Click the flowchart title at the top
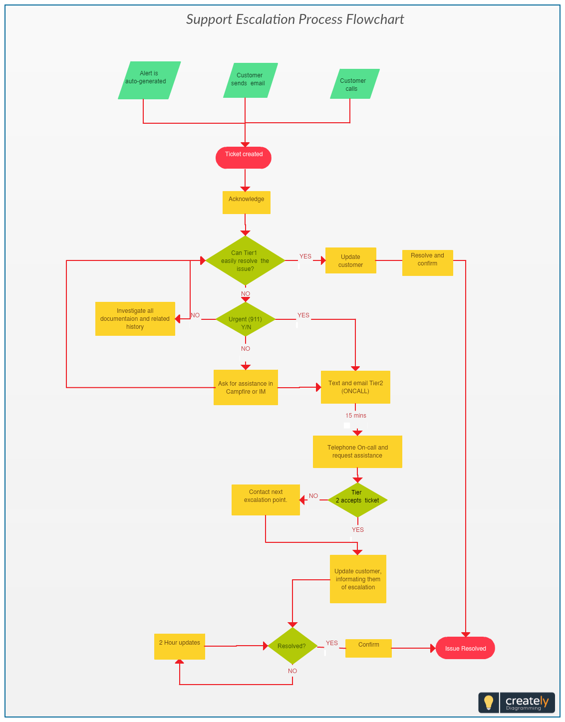[295, 19]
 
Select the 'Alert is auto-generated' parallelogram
[149, 80]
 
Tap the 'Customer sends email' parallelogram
[250, 80]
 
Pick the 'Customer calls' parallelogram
[354, 84]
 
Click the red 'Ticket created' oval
[243, 158]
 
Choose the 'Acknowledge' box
[246, 203]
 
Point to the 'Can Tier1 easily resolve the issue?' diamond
[245, 260]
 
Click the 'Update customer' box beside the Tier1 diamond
[351, 260]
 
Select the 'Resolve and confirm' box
[427, 263]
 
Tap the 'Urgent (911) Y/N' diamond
[245, 319]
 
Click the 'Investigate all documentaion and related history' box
[135, 319]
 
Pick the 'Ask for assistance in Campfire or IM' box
[246, 387]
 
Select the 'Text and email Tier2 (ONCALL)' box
[355, 387]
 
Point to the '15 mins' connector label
[355, 415]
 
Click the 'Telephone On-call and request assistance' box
[357, 452]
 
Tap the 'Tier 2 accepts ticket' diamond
[357, 500]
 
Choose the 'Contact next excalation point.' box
[266, 500]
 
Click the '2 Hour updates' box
[180, 646]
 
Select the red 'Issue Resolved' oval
[465, 648]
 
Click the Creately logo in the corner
[517, 703]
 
